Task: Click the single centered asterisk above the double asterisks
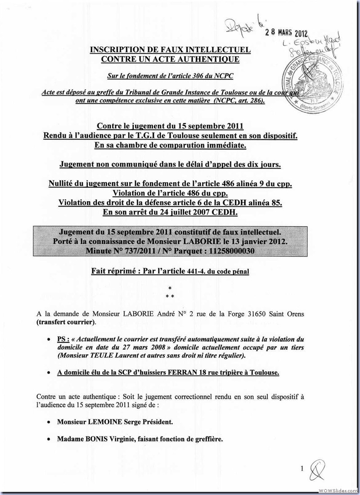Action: pyautogui.click(x=169, y=288)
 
